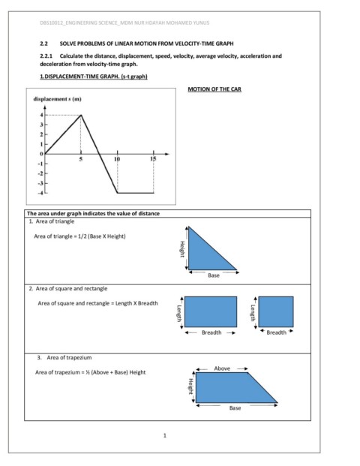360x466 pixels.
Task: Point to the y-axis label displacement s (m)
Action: pyautogui.click(x=58, y=98)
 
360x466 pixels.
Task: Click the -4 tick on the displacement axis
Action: pyautogui.click(x=39, y=193)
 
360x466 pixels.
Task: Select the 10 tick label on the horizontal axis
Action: pyautogui.click(x=116, y=160)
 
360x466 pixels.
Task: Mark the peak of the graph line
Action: pyautogui.click(x=80, y=115)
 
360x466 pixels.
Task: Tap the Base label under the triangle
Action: pyautogui.click(x=214, y=275)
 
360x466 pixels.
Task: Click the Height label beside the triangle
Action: pyautogui.click(x=181, y=248)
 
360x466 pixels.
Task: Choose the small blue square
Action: pyautogui.click(x=276, y=311)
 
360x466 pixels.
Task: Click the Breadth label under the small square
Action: pyautogui.click(x=276, y=332)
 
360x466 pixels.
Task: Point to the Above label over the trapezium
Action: pyautogui.click(x=222, y=368)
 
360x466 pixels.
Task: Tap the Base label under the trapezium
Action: pyautogui.click(x=235, y=407)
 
